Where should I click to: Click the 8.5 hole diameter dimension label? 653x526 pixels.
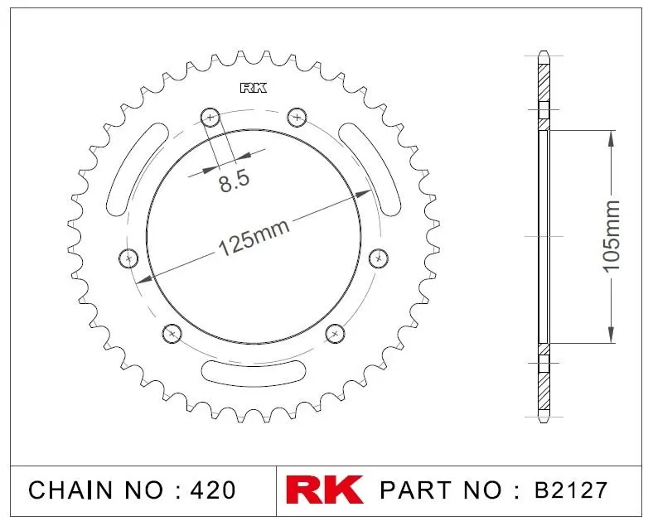235,181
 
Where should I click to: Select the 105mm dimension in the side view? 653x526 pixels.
612,236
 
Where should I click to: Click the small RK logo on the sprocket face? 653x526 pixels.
254,89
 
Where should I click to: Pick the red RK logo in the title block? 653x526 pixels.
324,490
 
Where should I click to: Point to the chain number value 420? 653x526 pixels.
213,490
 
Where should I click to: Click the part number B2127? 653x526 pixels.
571,490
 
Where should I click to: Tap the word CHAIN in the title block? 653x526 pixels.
70,490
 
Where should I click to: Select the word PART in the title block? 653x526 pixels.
416,490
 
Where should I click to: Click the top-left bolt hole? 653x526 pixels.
210,118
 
